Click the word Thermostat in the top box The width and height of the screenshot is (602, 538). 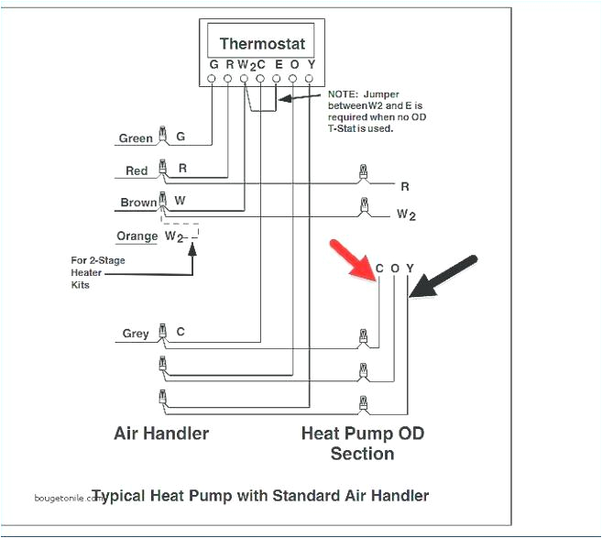tap(261, 44)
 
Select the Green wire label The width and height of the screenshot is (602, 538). tap(136, 138)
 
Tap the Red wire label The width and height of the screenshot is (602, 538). tap(137, 170)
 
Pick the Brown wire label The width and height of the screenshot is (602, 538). tap(137, 203)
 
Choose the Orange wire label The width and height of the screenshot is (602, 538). tap(137, 236)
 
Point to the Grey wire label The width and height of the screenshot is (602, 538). tap(136, 334)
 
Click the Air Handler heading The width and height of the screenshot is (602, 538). tap(161, 433)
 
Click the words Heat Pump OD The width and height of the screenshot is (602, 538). tap(362, 433)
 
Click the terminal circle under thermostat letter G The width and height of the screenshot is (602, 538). tap(213, 80)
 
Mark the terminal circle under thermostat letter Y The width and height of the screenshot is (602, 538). tap(310, 80)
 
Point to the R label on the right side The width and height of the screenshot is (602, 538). tap(404, 186)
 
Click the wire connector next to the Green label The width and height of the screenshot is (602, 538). tap(163, 136)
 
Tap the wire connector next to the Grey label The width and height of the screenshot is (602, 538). tap(163, 332)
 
